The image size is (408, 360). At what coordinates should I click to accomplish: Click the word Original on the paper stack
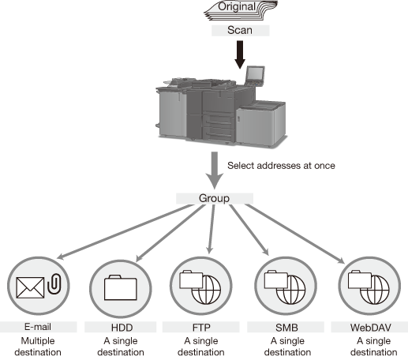click(237, 6)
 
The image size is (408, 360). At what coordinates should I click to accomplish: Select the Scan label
click(241, 30)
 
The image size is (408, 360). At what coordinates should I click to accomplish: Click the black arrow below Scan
click(240, 54)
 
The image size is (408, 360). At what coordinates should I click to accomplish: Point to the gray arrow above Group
click(215, 170)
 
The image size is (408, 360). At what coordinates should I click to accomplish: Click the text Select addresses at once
click(281, 166)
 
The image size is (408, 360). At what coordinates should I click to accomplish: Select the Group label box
click(215, 198)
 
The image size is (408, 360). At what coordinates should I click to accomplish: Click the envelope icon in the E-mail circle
click(30, 287)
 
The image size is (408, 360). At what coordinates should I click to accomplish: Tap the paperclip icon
click(54, 283)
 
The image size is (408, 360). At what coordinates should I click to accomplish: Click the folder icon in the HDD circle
click(121, 287)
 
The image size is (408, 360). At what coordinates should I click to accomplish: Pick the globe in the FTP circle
click(206, 290)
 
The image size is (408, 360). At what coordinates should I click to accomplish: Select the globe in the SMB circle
click(290, 290)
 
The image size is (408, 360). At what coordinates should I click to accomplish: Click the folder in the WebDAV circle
click(360, 279)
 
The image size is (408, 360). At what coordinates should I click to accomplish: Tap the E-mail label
click(38, 327)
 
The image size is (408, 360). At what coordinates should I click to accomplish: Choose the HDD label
click(121, 328)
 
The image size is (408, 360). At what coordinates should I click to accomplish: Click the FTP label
click(201, 328)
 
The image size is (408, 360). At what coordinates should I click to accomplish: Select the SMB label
click(286, 328)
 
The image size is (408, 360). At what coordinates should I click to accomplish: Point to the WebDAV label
click(369, 328)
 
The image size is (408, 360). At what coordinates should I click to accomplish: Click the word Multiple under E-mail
click(38, 341)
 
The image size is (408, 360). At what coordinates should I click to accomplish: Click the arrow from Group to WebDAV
click(295, 234)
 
